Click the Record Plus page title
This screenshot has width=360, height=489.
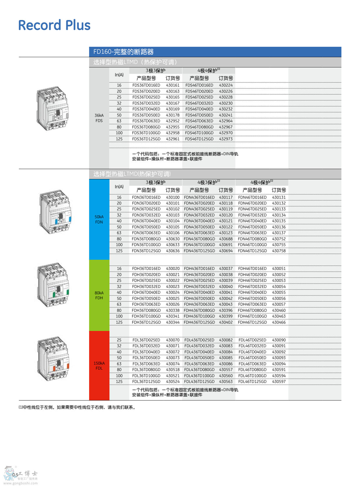(x=54, y=25)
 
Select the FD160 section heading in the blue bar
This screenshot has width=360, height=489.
(x=123, y=52)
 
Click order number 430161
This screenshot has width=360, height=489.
(x=173, y=85)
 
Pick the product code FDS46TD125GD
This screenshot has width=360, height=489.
(x=199, y=139)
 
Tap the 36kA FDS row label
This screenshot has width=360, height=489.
(x=99, y=118)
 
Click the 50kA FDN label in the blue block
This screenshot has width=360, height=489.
(x=99, y=219)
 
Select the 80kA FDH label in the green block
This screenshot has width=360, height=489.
(x=99, y=295)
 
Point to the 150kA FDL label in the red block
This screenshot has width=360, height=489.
(x=99, y=366)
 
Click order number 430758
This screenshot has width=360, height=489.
(x=279, y=251)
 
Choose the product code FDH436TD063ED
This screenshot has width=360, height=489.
(x=199, y=304)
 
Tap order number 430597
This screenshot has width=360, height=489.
(x=279, y=382)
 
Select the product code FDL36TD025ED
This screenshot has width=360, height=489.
(x=146, y=340)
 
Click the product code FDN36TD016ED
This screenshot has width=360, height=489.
(x=146, y=198)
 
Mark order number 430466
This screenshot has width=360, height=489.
(x=279, y=323)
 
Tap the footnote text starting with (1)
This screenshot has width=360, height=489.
(x=77, y=407)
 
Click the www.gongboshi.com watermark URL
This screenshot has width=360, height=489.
(x=21, y=483)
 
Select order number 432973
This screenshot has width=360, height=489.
(x=226, y=139)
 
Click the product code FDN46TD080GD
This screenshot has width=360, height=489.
(x=252, y=239)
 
